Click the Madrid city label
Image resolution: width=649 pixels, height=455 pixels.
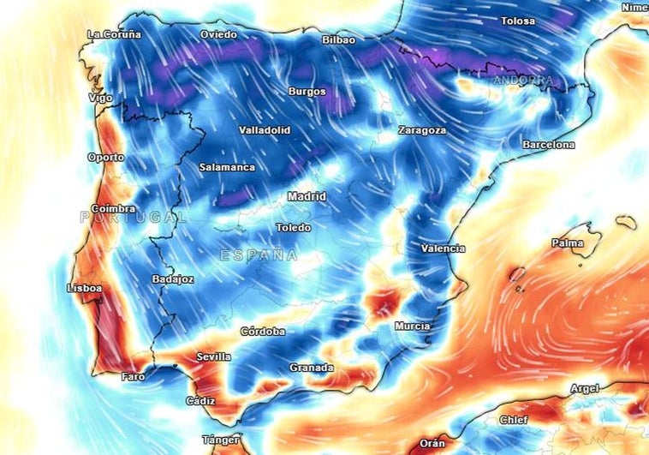pyautogui.click(x=307, y=196)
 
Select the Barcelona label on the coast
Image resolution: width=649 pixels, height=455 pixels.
pyautogui.click(x=549, y=145)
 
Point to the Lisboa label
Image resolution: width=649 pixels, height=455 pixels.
pyautogui.click(x=85, y=289)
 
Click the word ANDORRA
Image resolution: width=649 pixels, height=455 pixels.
pyautogui.click(x=522, y=81)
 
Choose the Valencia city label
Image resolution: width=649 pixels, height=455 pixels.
pyautogui.click(x=444, y=248)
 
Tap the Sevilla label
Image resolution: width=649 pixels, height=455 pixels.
pyautogui.click(x=213, y=356)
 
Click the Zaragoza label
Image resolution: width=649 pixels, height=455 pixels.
pyautogui.click(x=422, y=130)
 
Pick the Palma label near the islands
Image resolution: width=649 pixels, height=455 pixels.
pyautogui.click(x=568, y=243)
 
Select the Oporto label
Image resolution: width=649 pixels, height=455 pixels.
pyautogui.click(x=105, y=158)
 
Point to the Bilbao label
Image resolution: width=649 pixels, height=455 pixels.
pyautogui.click(x=339, y=39)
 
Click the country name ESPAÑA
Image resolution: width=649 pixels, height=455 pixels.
pyautogui.click(x=259, y=255)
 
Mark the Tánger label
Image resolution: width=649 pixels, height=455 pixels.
pyautogui.click(x=221, y=440)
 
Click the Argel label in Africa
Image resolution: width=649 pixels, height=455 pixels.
pyautogui.click(x=585, y=389)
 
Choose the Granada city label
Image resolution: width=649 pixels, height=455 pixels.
pyautogui.click(x=311, y=368)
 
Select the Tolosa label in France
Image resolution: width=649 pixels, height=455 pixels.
pyautogui.click(x=518, y=21)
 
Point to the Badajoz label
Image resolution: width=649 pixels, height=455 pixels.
pyautogui.click(x=173, y=279)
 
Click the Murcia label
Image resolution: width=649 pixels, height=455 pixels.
pyautogui.click(x=412, y=326)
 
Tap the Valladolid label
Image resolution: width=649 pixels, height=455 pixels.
pyautogui.click(x=265, y=130)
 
